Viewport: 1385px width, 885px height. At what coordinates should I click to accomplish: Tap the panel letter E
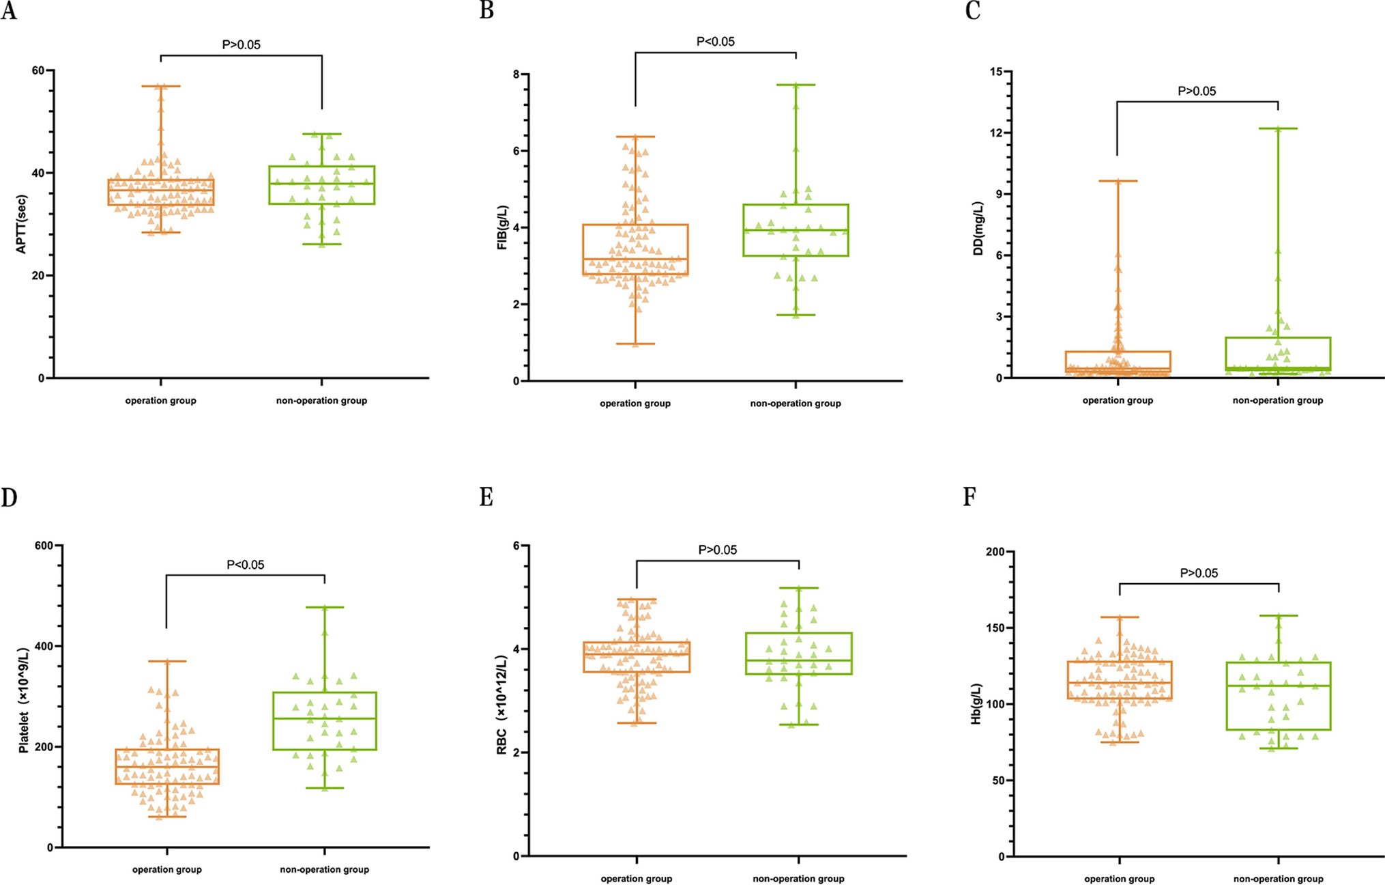click(x=486, y=497)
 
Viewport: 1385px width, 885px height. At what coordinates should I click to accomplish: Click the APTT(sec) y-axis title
click(x=21, y=224)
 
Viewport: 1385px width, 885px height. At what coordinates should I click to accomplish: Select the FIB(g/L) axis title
click(x=503, y=227)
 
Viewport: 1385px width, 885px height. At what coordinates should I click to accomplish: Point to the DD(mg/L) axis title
click(x=978, y=228)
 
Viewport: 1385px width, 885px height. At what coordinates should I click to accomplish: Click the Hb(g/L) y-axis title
click(x=976, y=703)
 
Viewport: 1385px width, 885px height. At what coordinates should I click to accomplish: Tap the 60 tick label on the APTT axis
click(x=38, y=70)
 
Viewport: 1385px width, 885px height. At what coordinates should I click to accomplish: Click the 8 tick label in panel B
click(x=516, y=74)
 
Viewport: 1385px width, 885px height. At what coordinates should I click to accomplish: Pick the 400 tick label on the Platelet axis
click(x=44, y=646)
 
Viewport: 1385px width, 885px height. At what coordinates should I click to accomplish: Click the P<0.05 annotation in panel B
click(x=715, y=42)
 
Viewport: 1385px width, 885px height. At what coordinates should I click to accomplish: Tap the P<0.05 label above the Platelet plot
click(x=245, y=565)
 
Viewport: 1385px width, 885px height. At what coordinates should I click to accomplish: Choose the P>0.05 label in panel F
click(x=1199, y=573)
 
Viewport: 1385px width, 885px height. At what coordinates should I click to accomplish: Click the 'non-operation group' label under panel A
click(x=321, y=401)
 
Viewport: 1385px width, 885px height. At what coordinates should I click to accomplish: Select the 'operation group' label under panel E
click(x=636, y=879)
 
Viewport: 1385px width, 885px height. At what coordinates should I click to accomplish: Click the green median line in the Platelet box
click(x=324, y=718)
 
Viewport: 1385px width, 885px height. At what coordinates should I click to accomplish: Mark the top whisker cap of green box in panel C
click(x=1278, y=128)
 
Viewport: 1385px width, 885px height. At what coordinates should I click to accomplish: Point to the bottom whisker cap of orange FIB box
click(x=635, y=343)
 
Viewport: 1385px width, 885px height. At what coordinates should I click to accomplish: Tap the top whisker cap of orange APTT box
click(x=161, y=86)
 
